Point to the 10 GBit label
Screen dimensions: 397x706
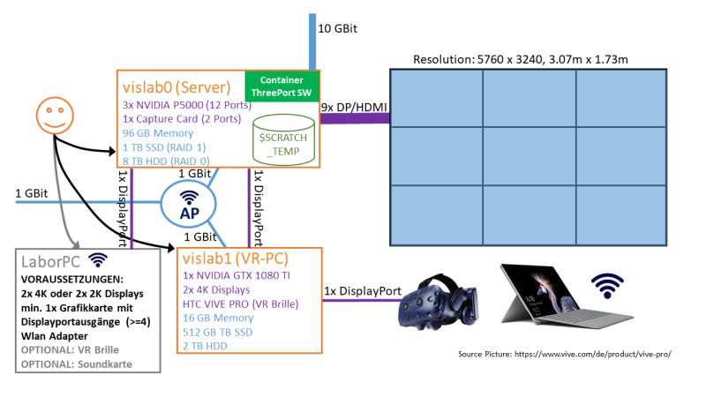pyautogui.click(x=337, y=30)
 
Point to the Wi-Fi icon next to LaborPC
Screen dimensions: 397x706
pyautogui.click(x=98, y=260)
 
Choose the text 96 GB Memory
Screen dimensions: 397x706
pyautogui.click(x=159, y=133)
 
